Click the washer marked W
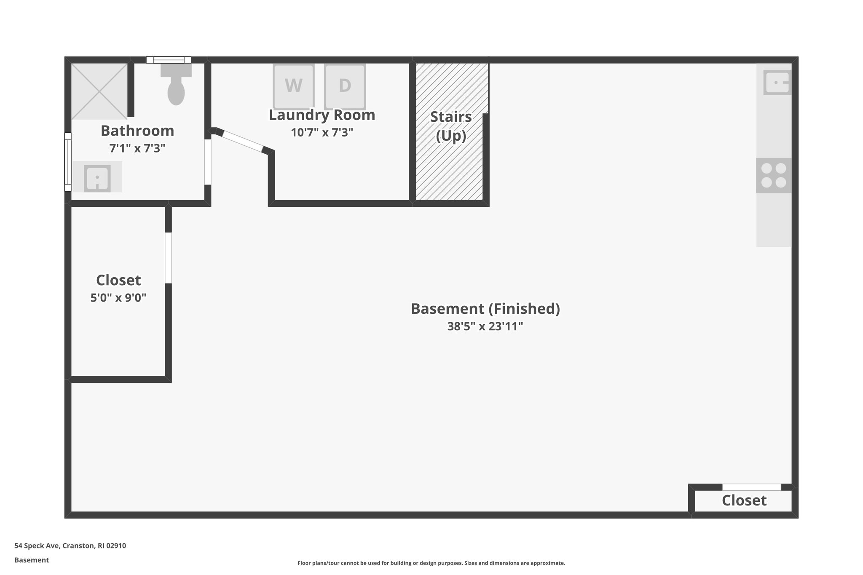click(293, 86)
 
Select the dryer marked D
click(345, 86)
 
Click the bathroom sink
click(97, 177)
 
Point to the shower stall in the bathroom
click(99, 91)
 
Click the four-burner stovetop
click(774, 175)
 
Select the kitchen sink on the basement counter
click(777, 82)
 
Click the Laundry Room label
click(322, 115)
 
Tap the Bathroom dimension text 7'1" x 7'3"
click(137, 148)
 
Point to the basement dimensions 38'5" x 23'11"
click(485, 326)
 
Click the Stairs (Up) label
click(451, 126)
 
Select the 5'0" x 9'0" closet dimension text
click(118, 298)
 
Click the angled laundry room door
click(242, 141)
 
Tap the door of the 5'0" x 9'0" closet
click(168, 258)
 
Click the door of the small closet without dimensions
click(752, 487)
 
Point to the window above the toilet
click(169, 60)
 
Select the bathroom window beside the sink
click(67, 161)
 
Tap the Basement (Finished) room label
click(485, 309)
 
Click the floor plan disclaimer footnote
click(431, 563)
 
